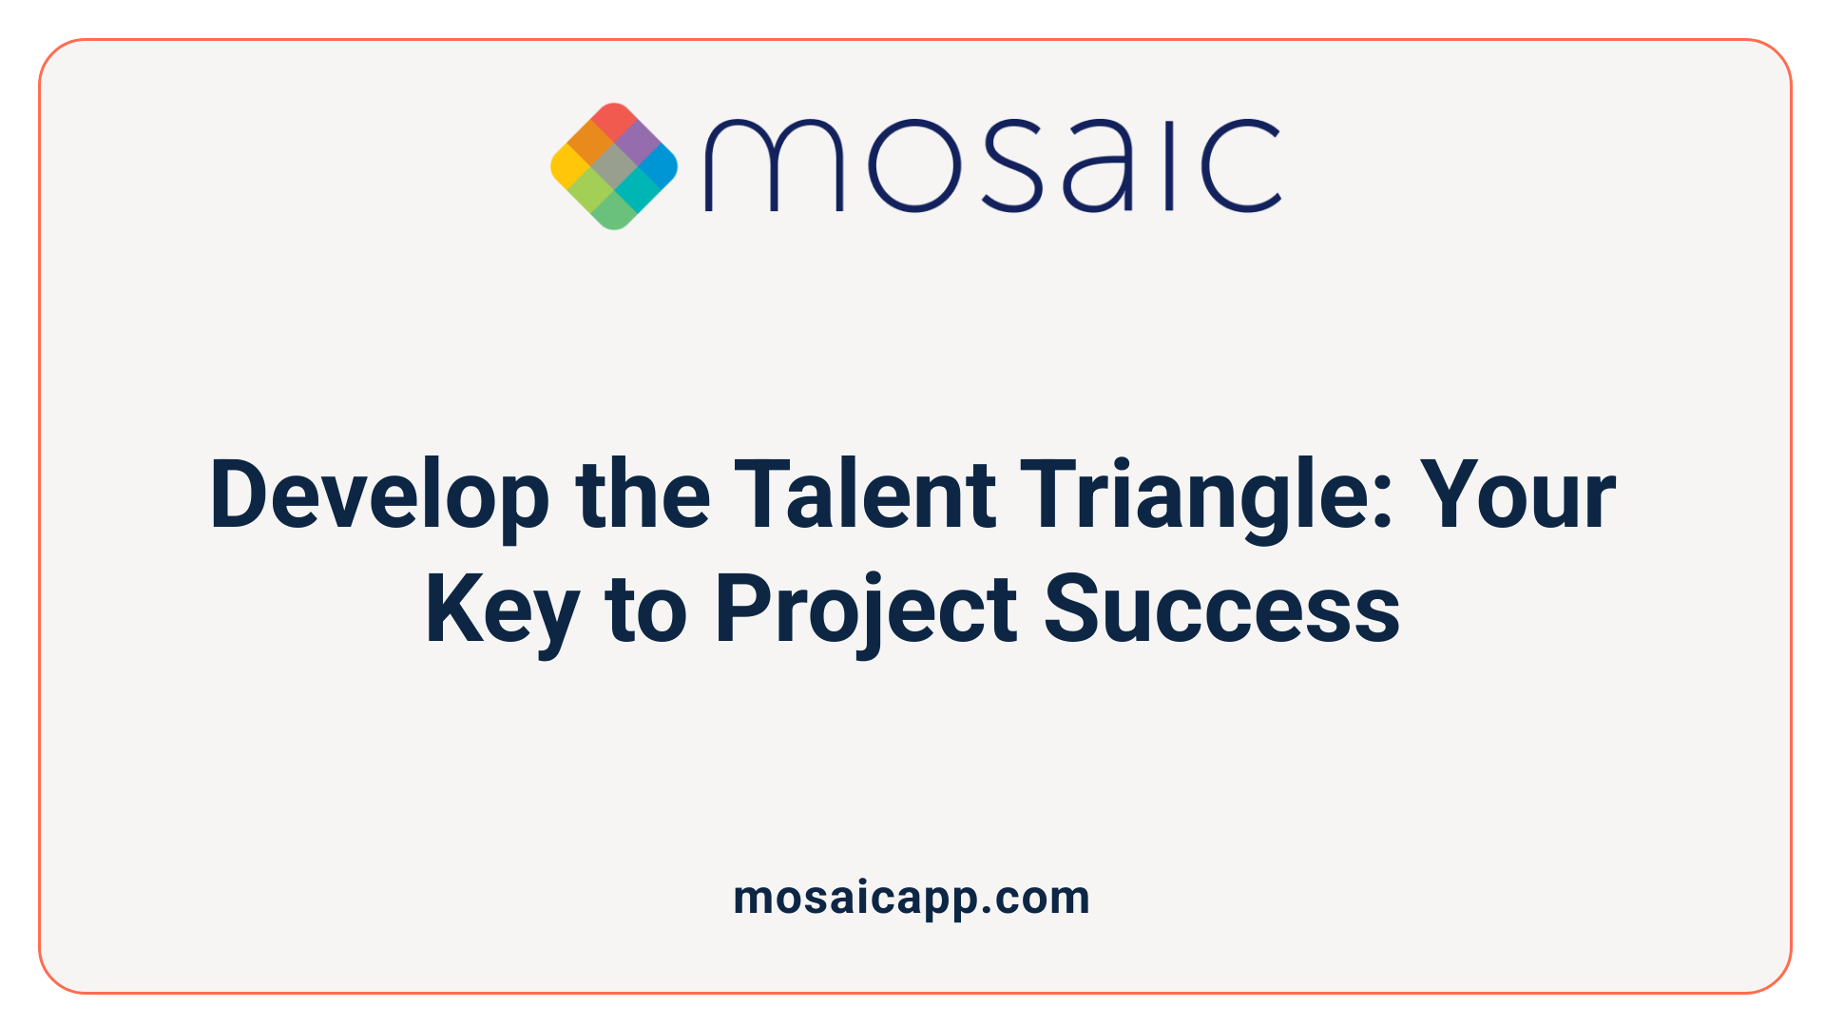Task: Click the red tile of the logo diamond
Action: [614, 122]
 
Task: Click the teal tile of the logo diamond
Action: [636, 189]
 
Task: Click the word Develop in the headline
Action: [379, 495]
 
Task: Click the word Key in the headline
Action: [502, 610]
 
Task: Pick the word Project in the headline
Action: [865, 610]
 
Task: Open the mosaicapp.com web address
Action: [912, 899]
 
